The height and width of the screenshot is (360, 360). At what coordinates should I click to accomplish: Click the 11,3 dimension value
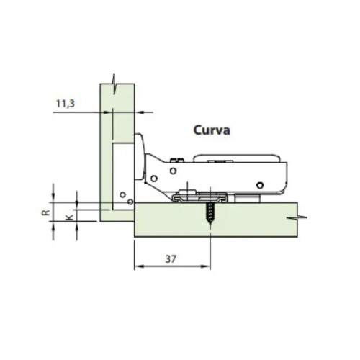pos(65,103)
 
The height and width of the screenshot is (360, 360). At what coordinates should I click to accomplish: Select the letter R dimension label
pos(45,212)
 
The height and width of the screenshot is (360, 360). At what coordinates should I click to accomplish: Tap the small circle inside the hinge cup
pos(123,194)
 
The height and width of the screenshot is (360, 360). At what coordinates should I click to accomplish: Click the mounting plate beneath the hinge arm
pos(202,194)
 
